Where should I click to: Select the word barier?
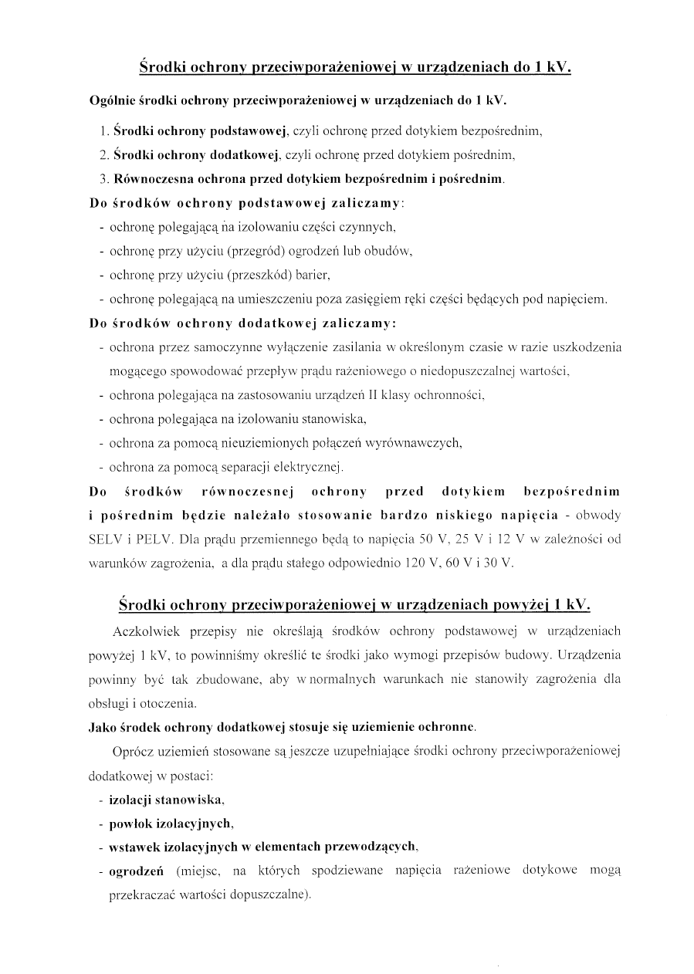[313, 275]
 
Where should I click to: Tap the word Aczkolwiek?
[146, 631]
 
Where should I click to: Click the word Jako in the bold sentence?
[103, 727]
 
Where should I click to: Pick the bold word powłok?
[127, 823]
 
